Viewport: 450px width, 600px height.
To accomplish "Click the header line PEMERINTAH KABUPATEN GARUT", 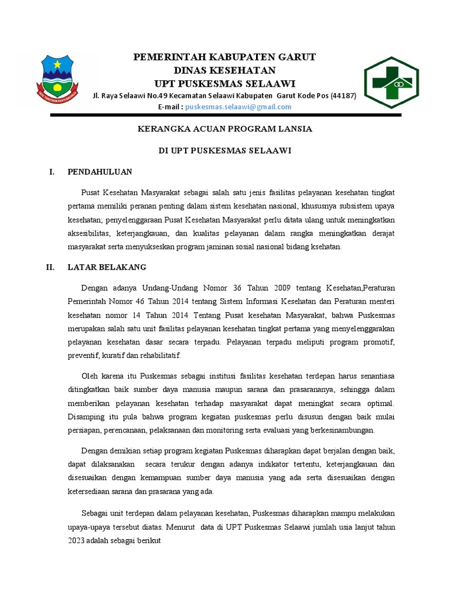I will pos(225,57).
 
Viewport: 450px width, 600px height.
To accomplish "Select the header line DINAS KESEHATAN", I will pos(225,70).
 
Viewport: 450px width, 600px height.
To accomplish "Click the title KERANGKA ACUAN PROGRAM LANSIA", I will pos(225,128).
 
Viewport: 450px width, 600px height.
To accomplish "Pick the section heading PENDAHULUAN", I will pos(100,172).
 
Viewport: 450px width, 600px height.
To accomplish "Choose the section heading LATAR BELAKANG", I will pos(107,267).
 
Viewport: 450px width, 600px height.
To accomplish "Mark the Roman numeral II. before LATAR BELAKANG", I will pos(50,267).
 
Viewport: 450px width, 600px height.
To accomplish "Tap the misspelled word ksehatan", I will pos(325,247).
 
